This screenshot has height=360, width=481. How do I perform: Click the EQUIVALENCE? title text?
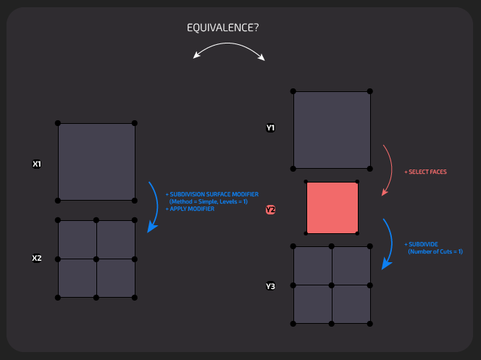[224, 28]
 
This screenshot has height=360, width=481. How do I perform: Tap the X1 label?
[37, 164]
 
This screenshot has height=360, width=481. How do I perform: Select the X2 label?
[37, 258]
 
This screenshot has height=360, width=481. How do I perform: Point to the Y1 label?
[270, 127]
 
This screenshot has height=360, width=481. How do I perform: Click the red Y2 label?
[270, 209]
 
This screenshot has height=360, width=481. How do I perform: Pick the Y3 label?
[270, 286]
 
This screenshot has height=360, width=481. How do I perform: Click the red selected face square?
[332, 208]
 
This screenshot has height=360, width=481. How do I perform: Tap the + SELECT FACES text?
[425, 172]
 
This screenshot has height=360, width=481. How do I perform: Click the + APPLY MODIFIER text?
[190, 209]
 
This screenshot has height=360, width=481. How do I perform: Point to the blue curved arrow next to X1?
[154, 206]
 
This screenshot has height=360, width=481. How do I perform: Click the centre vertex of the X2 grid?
[96, 259]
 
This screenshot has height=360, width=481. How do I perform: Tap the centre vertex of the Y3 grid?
[332, 285]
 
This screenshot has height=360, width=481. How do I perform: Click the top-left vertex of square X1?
[58, 123]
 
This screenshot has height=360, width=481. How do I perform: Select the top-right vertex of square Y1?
[370, 91]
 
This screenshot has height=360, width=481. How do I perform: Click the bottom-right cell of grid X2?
[116, 277]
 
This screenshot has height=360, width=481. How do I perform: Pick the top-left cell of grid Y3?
[313, 266]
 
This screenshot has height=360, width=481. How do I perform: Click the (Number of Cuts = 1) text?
[435, 251]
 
